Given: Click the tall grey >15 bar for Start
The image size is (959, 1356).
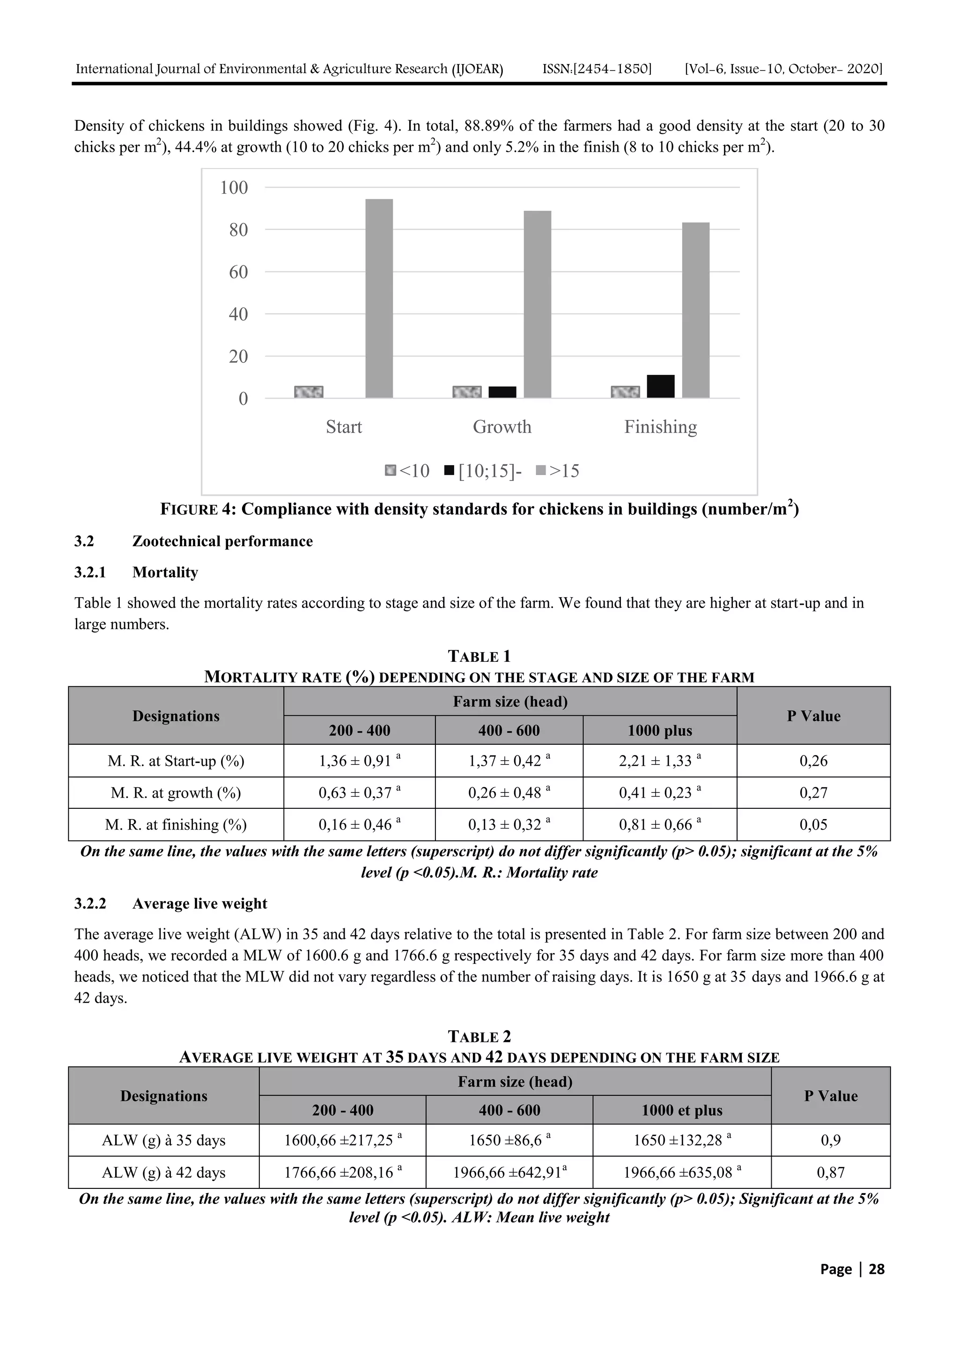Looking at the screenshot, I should [379, 298].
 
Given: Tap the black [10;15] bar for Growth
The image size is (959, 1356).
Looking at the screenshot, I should [502, 392].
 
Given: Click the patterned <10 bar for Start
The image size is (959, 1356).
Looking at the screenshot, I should [309, 392].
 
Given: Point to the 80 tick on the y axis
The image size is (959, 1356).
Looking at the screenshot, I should [238, 230].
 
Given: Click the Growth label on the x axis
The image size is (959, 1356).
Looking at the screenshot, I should [502, 426].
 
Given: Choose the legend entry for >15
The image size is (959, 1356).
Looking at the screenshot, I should [557, 471].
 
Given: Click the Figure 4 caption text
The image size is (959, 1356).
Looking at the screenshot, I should [479, 509].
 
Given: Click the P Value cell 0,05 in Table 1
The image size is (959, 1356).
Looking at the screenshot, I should [813, 824].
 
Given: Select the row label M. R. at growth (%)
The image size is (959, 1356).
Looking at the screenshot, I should [176, 792].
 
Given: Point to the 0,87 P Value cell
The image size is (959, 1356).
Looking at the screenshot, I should [830, 1173].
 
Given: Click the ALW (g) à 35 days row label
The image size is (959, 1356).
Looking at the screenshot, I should [164, 1140].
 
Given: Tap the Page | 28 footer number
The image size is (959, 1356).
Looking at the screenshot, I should [851, 1268].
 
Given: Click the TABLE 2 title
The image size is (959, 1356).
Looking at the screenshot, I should [479, 1036].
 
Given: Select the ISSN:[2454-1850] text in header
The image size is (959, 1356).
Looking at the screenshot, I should [597, 69].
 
